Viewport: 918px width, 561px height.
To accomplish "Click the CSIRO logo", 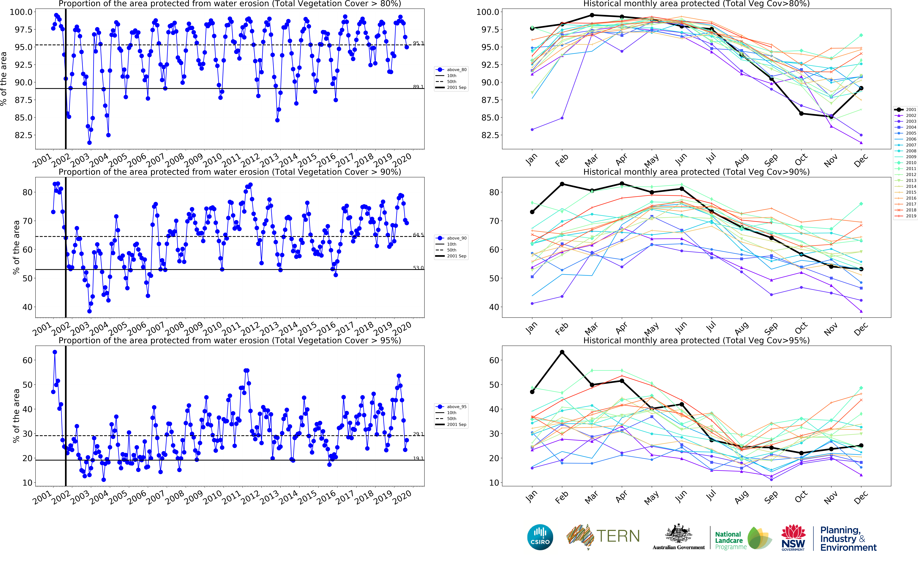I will click(x=540, y=537).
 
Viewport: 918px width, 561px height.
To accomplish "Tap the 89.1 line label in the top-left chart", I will click(x=418, y=86).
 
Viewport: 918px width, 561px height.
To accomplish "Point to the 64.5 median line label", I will click(x=418, y=235).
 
